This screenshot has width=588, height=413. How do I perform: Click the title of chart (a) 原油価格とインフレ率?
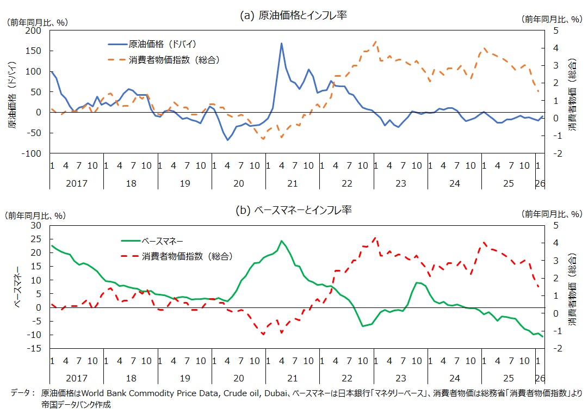coord(294,16)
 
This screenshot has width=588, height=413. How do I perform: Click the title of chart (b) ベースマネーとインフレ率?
coord(294,210)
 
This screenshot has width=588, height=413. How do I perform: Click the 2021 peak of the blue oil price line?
coord(281,44)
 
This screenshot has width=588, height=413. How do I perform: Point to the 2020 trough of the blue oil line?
coord(227,140)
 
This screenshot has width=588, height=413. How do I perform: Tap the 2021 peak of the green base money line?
coord(281,241)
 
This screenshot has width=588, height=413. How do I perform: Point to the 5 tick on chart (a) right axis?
coord(556,30)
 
